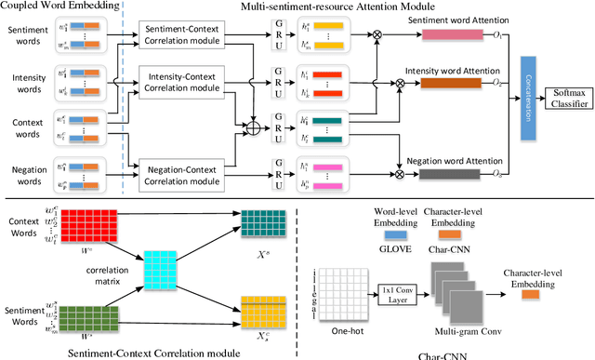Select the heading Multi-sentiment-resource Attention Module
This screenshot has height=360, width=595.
tap(352, 7)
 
